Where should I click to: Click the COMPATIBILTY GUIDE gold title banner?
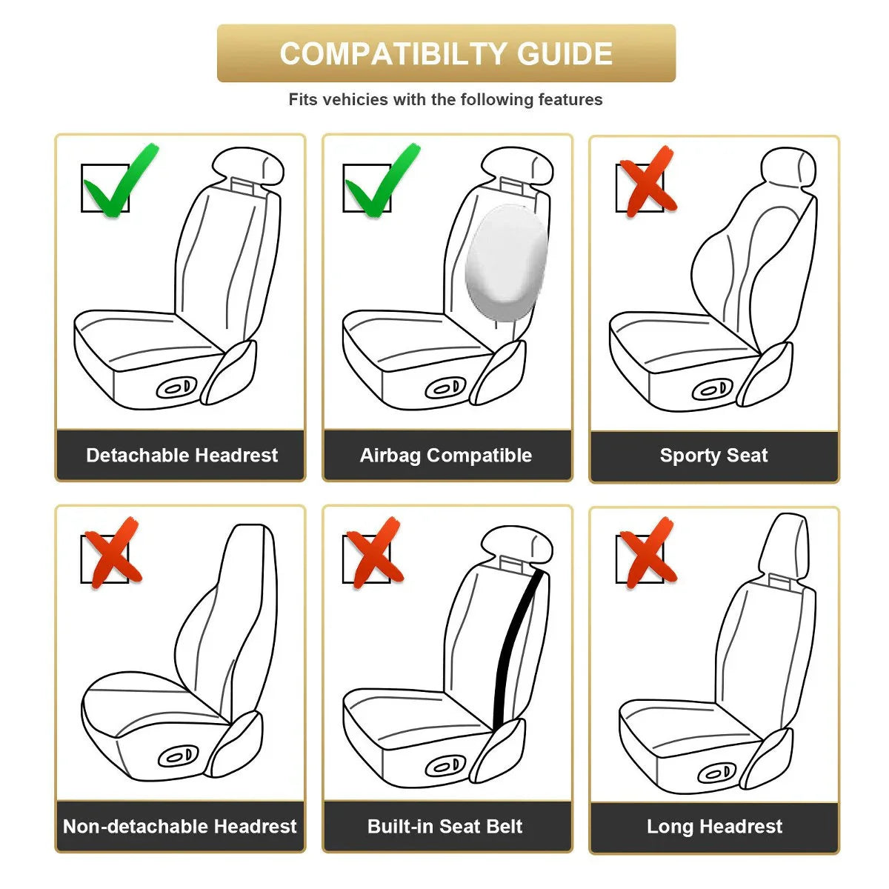(446, 53)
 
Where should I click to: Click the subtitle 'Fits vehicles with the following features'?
(445, 99)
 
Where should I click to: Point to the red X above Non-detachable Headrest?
(110, 553)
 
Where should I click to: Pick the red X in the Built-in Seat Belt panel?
(374, 553)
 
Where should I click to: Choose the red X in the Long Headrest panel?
(646, 553)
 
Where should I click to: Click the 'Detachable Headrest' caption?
(182, 455)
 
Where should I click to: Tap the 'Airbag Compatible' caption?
(446, 455)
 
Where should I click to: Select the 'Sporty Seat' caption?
(713, 455)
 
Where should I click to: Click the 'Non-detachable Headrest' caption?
(180, 826)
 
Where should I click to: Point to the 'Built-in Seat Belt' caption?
(445, 826)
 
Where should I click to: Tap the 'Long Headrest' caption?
(714, 826)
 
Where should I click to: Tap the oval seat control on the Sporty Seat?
(713, 390)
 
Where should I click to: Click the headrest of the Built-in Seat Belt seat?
(517, 544)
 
